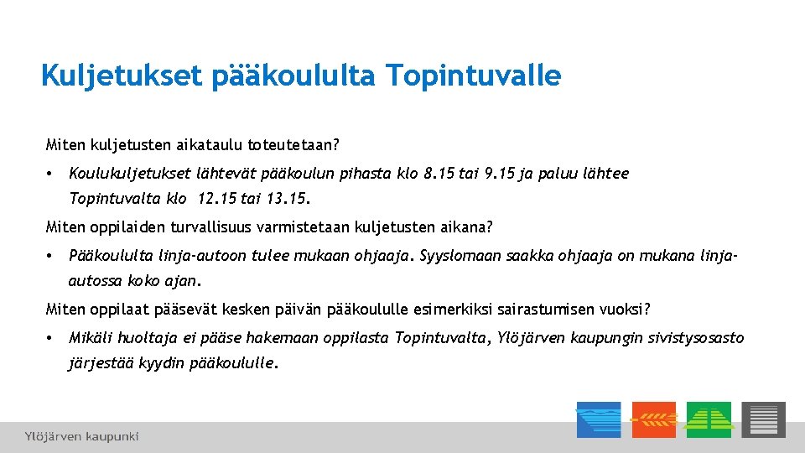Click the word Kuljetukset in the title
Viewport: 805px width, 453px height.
point(121,76)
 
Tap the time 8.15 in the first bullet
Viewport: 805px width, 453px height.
point(441,174)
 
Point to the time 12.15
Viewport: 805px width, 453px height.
point(216,200)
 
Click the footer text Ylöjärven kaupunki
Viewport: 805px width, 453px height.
point(81,436)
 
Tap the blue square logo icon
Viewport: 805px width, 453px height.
point(599,419)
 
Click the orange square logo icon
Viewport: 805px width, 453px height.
point(654,419)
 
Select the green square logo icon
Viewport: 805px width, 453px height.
point(709,419)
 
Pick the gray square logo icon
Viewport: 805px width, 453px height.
point(763,419)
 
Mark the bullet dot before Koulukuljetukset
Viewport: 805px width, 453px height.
point(50,174)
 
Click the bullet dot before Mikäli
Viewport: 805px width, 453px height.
point(50,338)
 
